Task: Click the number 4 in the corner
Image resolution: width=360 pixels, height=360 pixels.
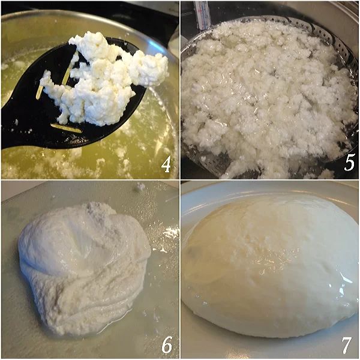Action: tap(165, 163)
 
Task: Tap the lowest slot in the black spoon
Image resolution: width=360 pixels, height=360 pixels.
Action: tap(66, 128)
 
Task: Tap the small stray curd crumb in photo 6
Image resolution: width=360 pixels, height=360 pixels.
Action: tap(139, 187)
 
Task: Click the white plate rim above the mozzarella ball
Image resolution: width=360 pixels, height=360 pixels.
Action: tap(270, 191)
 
